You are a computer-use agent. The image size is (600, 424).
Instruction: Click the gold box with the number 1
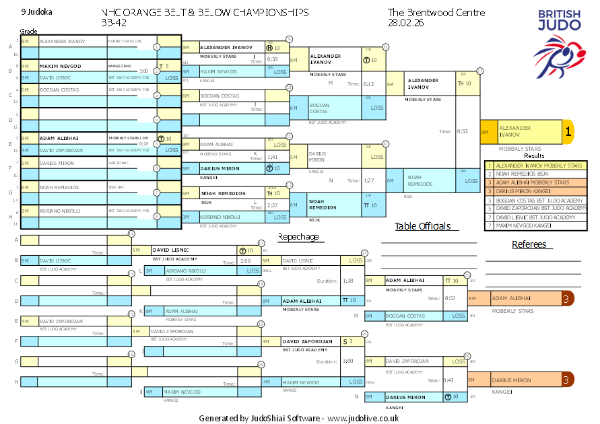tap(568, 132)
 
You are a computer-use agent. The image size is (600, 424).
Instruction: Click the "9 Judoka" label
tap(36, 12)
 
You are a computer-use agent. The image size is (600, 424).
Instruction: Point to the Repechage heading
tap(298, 237)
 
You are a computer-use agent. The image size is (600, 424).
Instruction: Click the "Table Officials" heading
tap(422, 226)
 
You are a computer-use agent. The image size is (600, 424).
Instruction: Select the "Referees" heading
tap(529, 244)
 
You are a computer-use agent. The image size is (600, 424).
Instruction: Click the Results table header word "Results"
tap(535, 155)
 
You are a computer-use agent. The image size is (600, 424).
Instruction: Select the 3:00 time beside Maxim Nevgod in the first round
tap(143, 71)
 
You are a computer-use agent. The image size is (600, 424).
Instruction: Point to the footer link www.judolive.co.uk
tap(364, 418)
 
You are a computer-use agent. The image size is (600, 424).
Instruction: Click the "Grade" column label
tap(28, 32)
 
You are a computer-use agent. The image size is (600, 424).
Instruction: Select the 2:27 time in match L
tap(273, 205)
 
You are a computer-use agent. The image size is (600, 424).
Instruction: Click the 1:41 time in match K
tap(273, 157)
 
